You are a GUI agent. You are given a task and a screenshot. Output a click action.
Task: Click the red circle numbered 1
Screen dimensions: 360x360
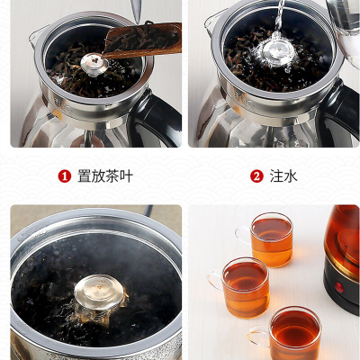pos(65,176)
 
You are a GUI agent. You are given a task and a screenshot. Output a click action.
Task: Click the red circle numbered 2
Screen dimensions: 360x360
pos(256,176)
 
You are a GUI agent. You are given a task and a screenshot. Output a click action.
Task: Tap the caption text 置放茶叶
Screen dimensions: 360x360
pos(105,176)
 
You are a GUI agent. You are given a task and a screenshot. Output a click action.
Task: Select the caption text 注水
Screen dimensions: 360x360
pos(283,176)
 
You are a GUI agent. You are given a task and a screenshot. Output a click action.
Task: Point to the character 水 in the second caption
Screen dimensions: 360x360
pos(291,176)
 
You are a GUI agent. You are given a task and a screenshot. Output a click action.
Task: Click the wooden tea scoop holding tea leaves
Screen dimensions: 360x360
pos(142,40)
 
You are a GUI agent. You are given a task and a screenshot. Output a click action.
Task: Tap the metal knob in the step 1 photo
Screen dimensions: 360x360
pos(94,64)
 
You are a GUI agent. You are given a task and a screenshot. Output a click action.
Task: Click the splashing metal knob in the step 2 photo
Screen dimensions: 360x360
pos(276,51)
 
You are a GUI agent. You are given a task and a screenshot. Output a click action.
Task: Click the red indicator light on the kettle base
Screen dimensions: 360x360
pos(339,287)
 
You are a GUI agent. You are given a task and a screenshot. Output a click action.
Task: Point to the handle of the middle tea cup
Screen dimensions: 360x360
pos(215,282)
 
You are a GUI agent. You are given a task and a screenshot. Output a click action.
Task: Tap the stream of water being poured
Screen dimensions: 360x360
pos(280,15)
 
